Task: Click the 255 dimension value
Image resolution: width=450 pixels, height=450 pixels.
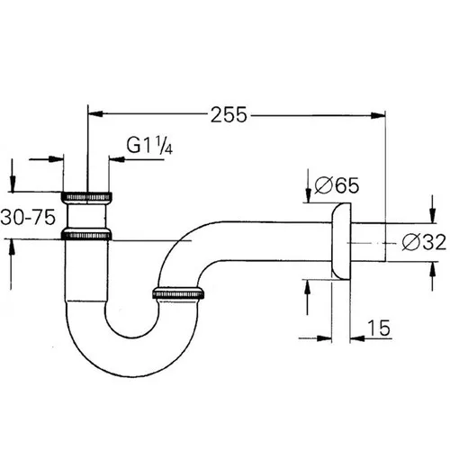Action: click(229, 114)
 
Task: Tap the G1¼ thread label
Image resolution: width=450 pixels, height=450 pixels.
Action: click(149, 145)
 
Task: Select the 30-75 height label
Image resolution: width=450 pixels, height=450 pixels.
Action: click(28, 217)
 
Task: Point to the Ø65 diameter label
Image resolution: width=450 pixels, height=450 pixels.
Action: click(337, 185)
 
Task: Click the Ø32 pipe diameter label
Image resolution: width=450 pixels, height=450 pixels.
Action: click(424, 242)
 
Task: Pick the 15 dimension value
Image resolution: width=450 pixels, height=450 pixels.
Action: click(379, 328)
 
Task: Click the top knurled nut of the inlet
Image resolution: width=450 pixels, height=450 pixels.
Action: click(86, 196)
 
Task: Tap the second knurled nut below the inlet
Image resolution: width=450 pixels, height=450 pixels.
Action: click(86, 235)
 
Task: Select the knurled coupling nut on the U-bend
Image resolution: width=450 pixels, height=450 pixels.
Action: click(178, 293)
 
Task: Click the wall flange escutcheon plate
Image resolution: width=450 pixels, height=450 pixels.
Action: click(341, 241)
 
